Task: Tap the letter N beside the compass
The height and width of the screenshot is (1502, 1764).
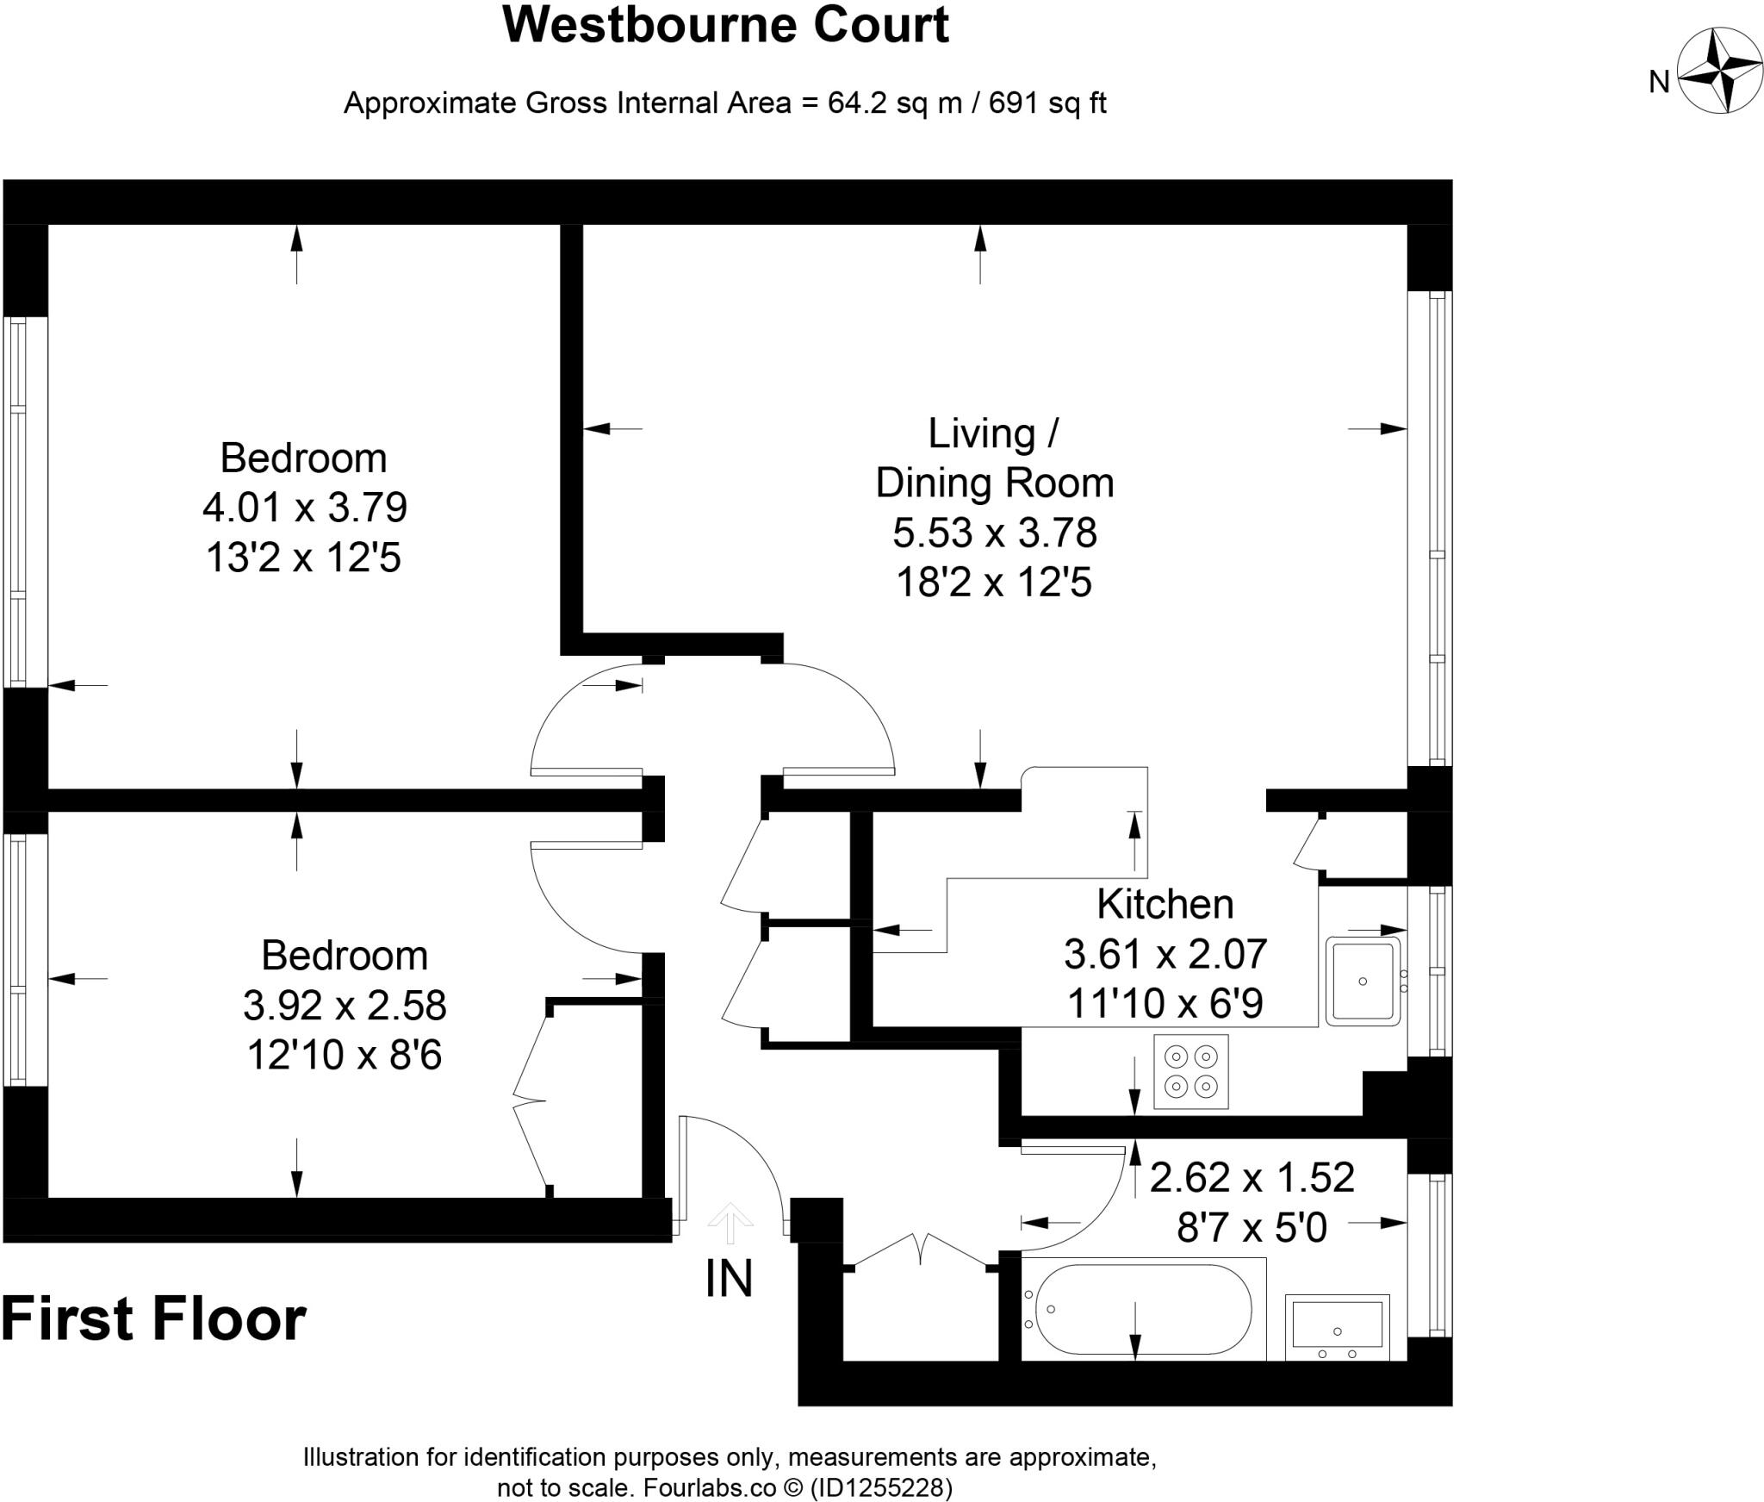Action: pos(1659,82)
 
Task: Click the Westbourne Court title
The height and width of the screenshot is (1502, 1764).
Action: pos(725,25)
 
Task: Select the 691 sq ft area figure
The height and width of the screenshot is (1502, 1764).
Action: pos(1047,103)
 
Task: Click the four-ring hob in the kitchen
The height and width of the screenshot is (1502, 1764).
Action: pos(1190,1071)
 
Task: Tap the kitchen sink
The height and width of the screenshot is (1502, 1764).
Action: pos(1363,982)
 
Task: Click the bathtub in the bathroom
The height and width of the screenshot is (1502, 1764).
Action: pos(1142,1310)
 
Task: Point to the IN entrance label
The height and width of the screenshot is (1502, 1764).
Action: pos(729,1279)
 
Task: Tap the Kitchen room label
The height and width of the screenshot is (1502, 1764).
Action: pos(1165,905)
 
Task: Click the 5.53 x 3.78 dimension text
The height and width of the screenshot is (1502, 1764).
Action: pos(994,533)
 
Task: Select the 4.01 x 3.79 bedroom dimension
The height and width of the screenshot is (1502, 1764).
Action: pos(304,508)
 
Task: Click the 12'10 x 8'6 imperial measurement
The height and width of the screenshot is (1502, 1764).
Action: pos(345,1055)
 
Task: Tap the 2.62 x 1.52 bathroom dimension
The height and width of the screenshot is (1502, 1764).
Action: pos(1252,1177)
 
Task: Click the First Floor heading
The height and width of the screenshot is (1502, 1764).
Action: pos(153,1319)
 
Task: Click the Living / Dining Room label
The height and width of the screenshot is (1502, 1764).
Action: pos(994,458)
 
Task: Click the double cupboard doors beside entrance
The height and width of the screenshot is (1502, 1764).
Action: pos(920,1249)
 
